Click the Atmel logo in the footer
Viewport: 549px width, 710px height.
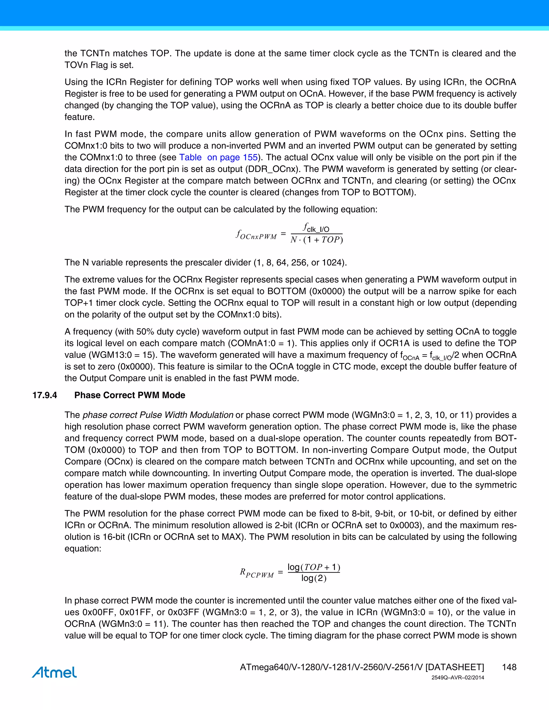54,672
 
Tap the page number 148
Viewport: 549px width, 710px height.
509,667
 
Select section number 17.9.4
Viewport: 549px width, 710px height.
44,395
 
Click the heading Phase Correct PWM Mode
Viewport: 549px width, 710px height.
130,395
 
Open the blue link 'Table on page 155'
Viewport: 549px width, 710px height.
218,157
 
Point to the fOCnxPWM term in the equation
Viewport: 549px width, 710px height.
256,235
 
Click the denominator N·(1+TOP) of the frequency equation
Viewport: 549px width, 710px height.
317,240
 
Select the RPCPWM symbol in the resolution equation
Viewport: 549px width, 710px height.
257,573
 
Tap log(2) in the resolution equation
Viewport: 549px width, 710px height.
314,578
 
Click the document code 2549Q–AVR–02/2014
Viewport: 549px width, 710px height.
458,678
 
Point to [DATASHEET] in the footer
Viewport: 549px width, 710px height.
455,667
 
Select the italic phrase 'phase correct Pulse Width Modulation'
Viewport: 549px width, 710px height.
158,415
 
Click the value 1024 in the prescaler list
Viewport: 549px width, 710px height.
332,262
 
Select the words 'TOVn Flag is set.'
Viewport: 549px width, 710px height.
99,65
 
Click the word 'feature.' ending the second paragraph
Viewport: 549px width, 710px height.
79,117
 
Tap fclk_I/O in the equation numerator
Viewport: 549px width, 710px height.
316,227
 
